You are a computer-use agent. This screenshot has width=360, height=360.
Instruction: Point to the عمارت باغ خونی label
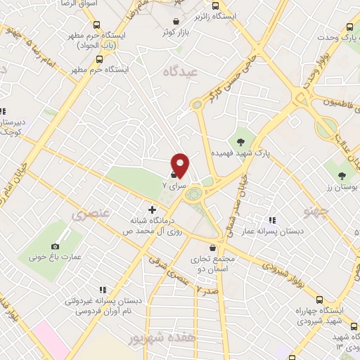pos(55,257)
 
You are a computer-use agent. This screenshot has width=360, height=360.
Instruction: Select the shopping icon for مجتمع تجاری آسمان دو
pos(213,247)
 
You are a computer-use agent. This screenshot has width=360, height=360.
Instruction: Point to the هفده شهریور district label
pos(153,338)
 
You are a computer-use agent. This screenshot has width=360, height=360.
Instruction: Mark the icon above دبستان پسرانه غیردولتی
pos(103,289)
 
